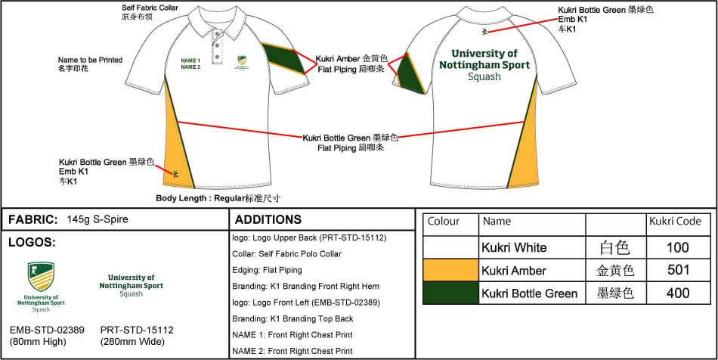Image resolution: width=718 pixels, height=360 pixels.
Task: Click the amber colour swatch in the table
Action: [450, 270]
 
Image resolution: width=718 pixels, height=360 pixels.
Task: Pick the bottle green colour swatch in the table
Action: [450, 293]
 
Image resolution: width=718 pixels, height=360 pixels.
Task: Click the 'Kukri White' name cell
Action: [514, 247]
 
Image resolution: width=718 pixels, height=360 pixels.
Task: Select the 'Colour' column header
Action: [444, 222]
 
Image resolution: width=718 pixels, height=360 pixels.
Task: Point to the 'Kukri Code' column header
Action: [674, 222]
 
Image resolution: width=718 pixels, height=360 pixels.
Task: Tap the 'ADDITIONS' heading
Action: [268, 220]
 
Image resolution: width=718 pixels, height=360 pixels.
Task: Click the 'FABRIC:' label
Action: [33, 220]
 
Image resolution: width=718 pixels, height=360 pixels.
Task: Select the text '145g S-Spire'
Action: [97, 220]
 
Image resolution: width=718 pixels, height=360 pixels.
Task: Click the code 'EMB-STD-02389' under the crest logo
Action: [47, 330]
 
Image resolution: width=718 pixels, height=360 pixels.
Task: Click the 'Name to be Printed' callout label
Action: [90, 59]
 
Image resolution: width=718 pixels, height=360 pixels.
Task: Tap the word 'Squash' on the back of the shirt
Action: [484, 77]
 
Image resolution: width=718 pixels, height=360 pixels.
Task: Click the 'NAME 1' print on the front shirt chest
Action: [190, 60]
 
